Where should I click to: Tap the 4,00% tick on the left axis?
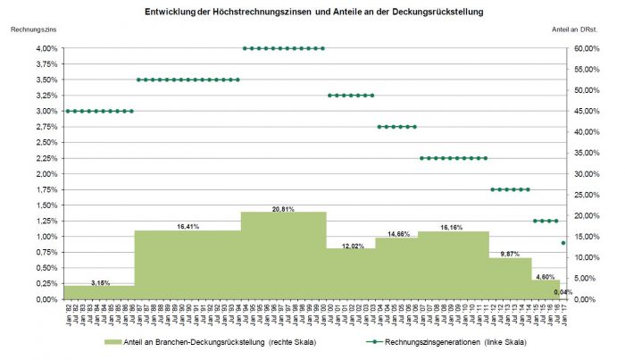[x=47, y=48]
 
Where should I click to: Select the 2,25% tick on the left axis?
[x=47, y=158]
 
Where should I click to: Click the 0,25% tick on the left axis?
[x=47, y=283]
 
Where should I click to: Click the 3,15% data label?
[x=100, y=282]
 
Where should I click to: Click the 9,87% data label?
[x=509, y=255]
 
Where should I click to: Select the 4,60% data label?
[x=546, y=277]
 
